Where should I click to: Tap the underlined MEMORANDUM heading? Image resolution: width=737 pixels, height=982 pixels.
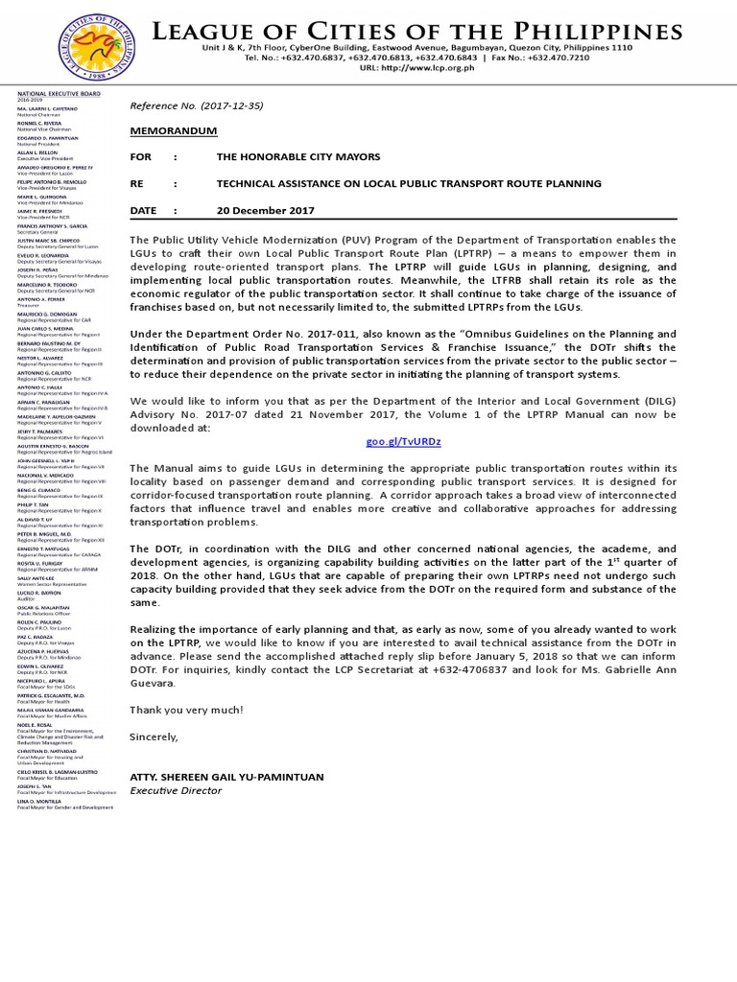[174, 130]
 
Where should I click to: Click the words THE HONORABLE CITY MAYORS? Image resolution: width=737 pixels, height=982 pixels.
[298, 156]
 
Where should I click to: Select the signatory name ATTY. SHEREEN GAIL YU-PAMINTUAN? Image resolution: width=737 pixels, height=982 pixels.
[227, 777]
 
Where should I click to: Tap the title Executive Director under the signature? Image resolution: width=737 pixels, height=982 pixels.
[176, 791]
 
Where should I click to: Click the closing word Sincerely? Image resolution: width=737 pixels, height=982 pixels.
[155, 736]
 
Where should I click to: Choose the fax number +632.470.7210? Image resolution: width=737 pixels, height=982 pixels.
[585, 58]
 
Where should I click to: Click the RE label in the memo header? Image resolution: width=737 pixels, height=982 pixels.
[140, 183]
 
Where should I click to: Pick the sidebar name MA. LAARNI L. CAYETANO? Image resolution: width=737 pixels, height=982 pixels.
[46, 109]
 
